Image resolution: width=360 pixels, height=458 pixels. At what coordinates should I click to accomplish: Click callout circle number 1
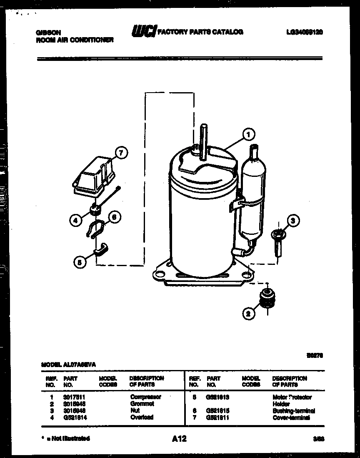(x=249, y=135)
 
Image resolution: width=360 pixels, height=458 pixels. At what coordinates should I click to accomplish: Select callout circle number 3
(x=293, y=221)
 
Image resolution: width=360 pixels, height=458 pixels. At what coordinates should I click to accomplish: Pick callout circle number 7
(x=120, y=153)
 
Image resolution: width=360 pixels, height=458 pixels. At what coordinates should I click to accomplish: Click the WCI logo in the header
(x=143, y=31)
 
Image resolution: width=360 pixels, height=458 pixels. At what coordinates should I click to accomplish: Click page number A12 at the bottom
(x=179, y=439)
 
